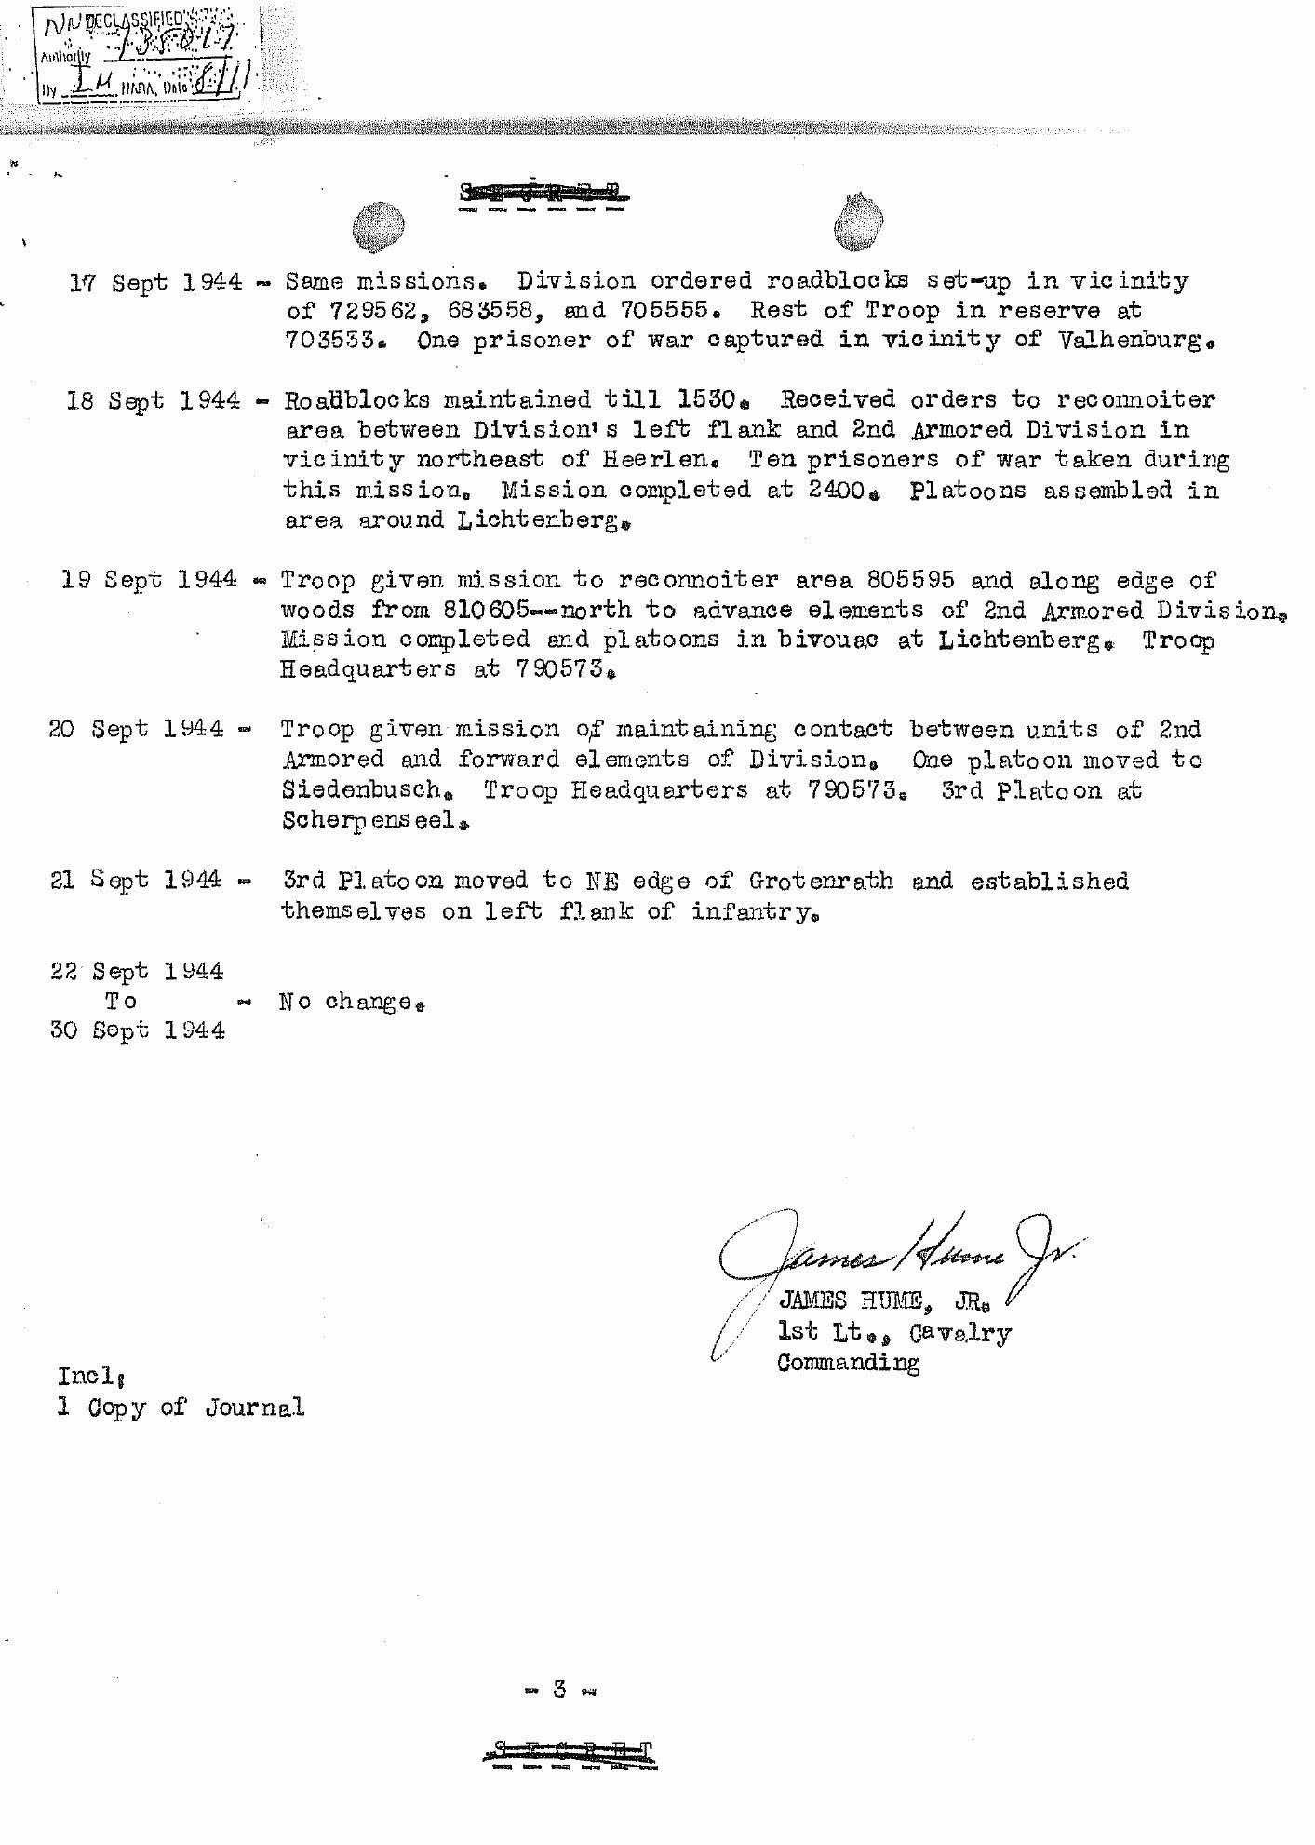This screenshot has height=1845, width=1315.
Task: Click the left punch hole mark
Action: coord(378,227)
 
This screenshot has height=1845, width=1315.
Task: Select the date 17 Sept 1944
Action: coord(155,282)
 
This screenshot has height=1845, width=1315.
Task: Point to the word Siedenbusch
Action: coord(362,790)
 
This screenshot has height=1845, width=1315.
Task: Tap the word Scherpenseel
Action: coord(369,820)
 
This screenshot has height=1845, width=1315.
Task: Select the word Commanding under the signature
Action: coord(848,1363)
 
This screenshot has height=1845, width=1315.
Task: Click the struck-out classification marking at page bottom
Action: coord(570,1754)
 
